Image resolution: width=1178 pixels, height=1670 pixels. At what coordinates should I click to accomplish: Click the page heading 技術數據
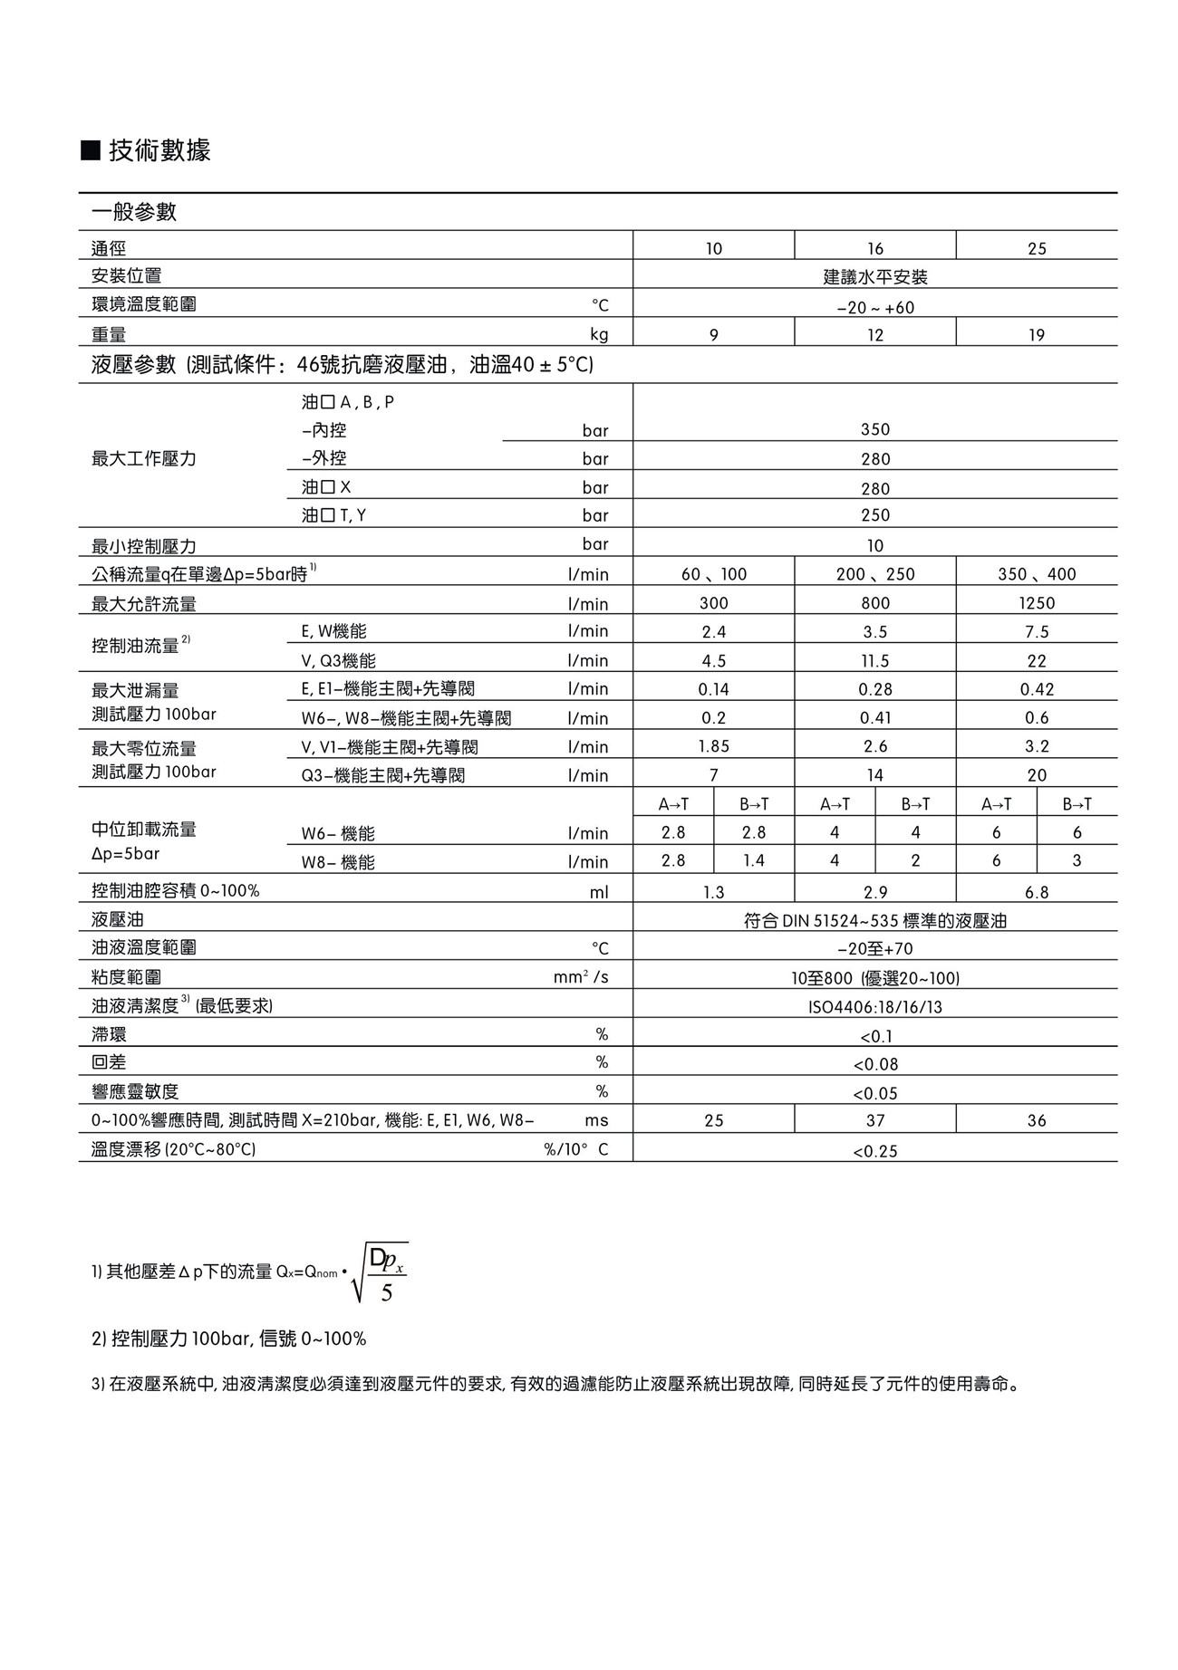[x=159, y=150]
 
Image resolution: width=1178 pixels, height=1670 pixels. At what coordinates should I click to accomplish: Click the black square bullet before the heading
[x=90, y=150]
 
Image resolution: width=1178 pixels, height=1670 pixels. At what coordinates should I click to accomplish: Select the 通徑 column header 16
[x=874, y=248]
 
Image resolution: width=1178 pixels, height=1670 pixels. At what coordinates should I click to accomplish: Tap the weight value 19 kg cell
[x=1037, y=335]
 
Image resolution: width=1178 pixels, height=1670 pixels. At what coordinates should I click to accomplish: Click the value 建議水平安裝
[x=874, y=277]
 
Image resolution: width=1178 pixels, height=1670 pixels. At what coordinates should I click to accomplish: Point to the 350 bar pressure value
[x=874, y=429]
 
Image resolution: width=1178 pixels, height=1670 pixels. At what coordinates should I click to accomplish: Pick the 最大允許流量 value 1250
[x=1037, y=603]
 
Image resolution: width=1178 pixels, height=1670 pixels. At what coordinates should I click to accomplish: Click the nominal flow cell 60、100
[x=713, y=574]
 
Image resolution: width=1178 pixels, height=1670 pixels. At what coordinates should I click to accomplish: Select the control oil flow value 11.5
[x=874, y=661]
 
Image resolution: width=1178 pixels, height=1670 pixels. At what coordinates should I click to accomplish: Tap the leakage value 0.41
[x=874, y=718]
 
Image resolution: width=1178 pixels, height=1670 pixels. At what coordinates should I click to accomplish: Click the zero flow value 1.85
[x=713, y=746]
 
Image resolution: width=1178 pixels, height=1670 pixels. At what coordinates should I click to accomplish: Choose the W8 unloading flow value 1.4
[x=754, y=860]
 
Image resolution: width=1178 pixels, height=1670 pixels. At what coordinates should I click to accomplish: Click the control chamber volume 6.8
[x=1037, y=892]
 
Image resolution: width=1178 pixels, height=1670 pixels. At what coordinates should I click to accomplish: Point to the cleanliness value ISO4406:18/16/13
[x=874, y=1007]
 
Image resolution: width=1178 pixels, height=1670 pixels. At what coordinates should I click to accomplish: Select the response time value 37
[x=874, y=1120]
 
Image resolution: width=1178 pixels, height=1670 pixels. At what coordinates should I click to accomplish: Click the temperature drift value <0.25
[x=874, y=1151]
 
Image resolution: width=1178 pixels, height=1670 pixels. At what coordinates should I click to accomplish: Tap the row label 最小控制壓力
[x=144, y=546]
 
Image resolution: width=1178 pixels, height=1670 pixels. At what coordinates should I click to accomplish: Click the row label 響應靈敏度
[x=135, y=1092]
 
